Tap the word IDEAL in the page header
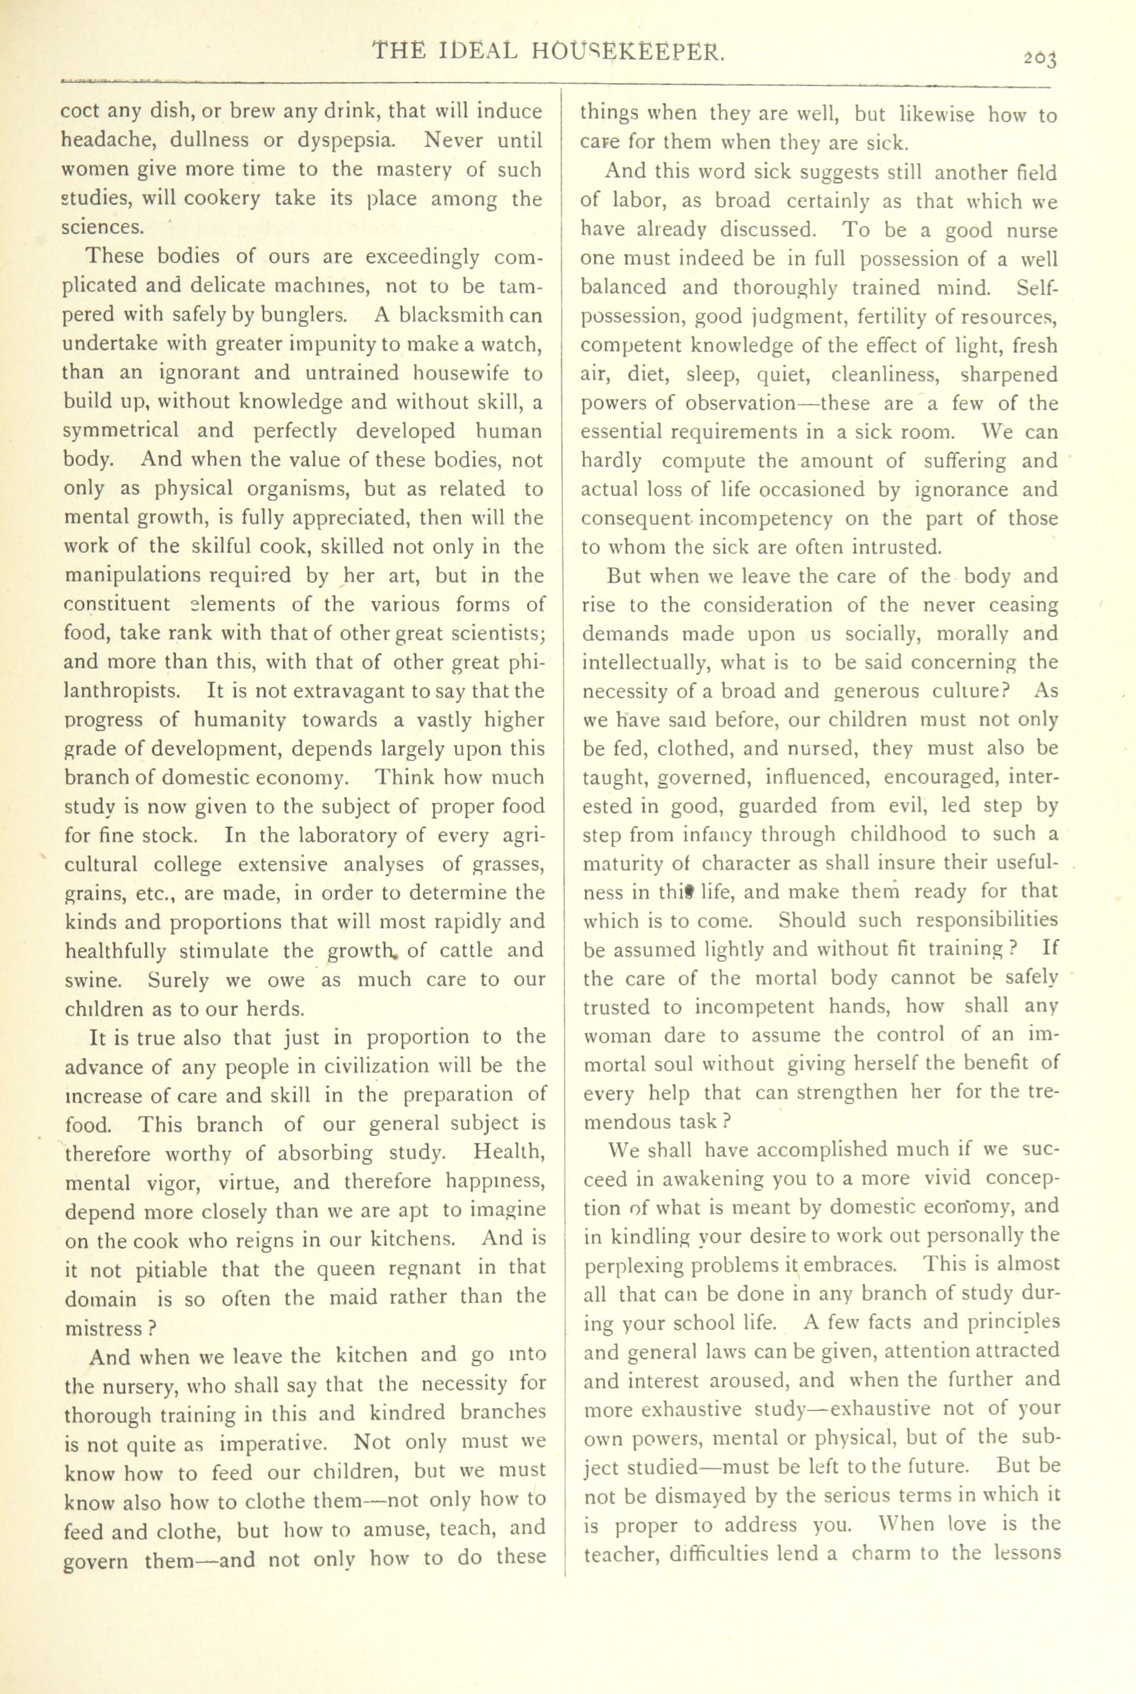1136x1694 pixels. (x=479, y=51)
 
